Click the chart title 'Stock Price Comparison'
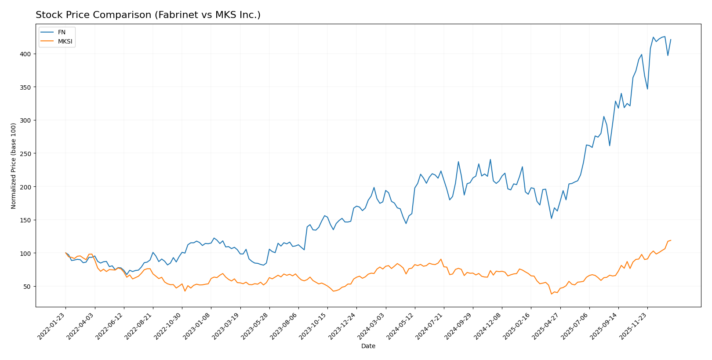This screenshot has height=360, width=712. tap(148, 15)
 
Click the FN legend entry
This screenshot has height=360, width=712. tap(62, 32)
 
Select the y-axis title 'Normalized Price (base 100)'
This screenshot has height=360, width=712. tap(14, 166)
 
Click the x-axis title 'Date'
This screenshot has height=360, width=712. tap(368, 346)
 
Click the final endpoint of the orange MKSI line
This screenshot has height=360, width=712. tap(671, 240)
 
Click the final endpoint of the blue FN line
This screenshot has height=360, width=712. tap(671, 40)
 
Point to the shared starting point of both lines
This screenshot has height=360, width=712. tap(65, 253)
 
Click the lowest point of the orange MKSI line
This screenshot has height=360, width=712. tap(552, 294)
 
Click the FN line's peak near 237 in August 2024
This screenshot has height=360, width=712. tap(458, 162)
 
